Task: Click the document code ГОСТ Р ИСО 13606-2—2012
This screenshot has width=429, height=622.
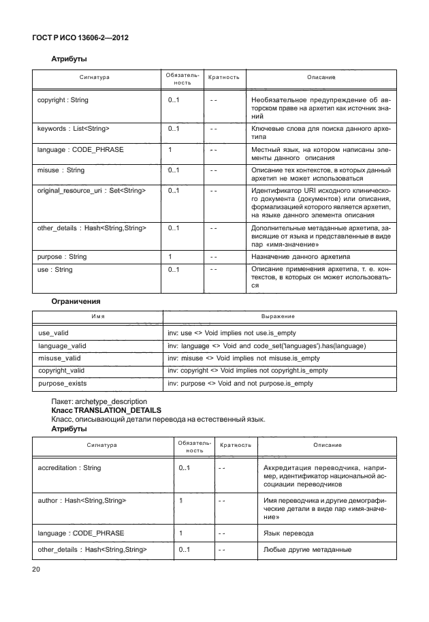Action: point(80,37)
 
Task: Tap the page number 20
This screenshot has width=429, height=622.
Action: point(36,570)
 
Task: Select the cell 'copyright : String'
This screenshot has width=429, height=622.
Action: point(63,100)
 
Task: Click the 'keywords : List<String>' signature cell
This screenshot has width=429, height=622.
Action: point(73,128)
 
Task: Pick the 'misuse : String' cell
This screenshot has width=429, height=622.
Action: point(61,170)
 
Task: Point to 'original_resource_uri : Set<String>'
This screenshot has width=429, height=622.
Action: point(92,191)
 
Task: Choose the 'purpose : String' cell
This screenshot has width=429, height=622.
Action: point(62,256)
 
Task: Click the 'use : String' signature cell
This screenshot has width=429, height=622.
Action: point(54,270)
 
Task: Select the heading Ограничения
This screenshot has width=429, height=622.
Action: point(76,300)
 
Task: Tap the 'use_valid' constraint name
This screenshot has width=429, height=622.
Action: point(54,334)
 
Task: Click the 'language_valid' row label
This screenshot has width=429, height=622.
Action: point(62,346)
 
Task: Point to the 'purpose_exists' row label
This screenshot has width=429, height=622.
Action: point(62,384)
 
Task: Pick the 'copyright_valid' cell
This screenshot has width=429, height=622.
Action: point(62,371)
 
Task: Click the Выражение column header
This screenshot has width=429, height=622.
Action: point(278,317)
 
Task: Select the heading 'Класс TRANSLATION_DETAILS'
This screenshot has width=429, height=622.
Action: point(106,411)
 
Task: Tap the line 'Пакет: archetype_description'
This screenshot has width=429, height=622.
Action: point(99,402)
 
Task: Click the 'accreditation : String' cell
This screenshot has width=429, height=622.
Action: point(69,468)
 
